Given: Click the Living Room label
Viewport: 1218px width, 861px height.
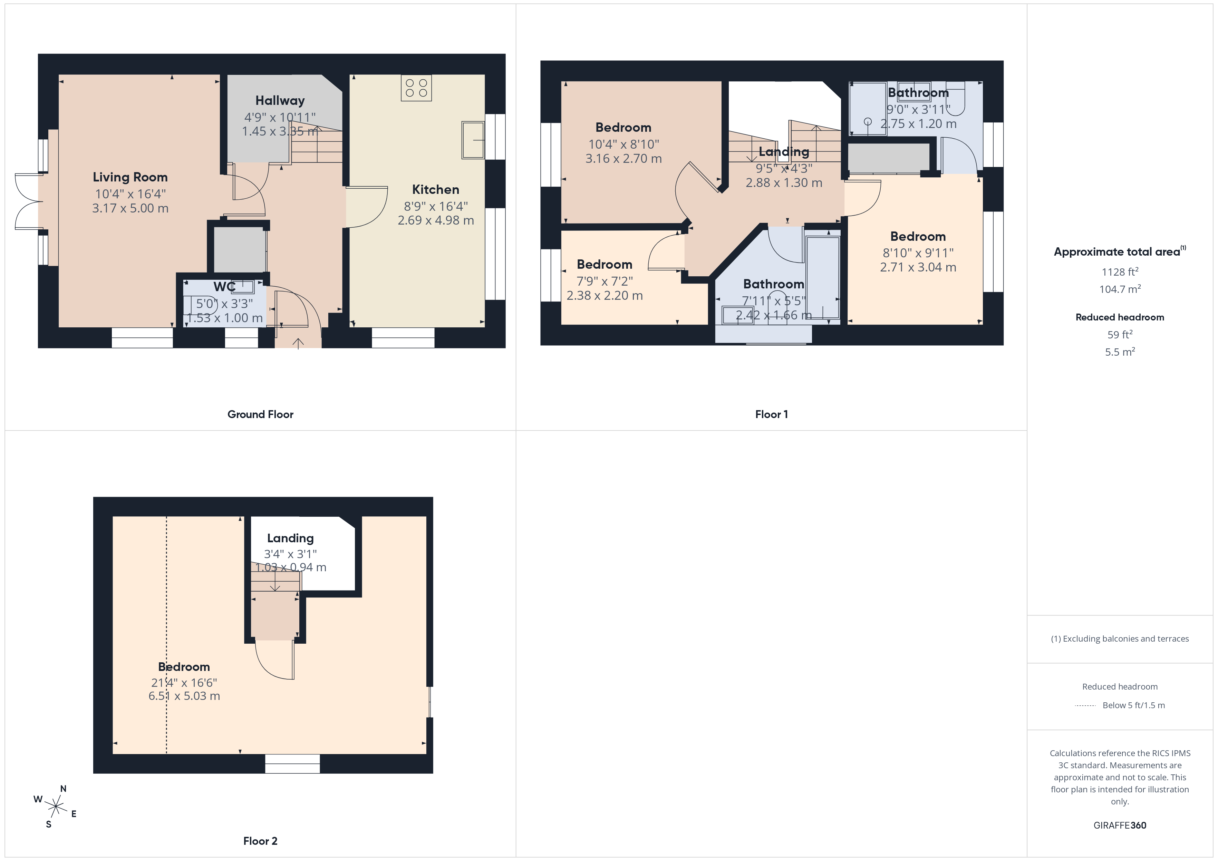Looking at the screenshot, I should coord(130,177).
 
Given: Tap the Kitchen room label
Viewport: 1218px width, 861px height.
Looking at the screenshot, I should coord(436,189).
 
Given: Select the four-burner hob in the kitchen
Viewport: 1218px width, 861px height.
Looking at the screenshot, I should coord(416,88).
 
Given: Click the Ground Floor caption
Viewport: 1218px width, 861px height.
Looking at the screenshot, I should coord(260,414).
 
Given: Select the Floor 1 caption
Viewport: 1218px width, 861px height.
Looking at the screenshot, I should coord(771,414).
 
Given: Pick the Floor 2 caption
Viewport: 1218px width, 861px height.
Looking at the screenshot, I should coord(260,841).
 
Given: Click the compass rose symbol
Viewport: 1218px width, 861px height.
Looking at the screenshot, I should coord(56,807).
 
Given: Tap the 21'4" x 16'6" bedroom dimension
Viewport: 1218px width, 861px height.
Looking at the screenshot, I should coord(184,683).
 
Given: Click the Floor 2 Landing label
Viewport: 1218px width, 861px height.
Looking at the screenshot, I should coord(290,538).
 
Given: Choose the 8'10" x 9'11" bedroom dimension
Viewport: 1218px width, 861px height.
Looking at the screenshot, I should coord(918,253).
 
